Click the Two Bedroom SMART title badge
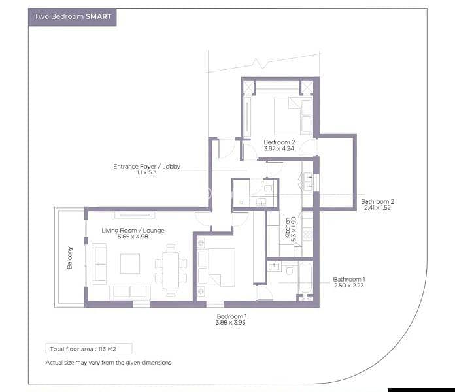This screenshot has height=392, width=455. pyautogui.click(x=73, y=18)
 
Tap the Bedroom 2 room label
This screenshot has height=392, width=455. pyautogui.click(x=279, y=142)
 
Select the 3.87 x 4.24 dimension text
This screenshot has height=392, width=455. pyautogui.click(x=279, y=148)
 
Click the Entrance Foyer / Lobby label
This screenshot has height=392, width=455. pyautogui.click(x=146, y=167)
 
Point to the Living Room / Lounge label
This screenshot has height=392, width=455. pyautogui.click(x=133, y=231)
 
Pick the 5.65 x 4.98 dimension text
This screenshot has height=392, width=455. pyautogui.click(x=133, y=237)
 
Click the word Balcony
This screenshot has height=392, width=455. pyautogui.click(x=70, y=258)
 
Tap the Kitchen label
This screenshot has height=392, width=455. pyautogui.click(x=287, y=228)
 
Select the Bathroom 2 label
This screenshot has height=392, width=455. pyautogui.click(x=377, y=201)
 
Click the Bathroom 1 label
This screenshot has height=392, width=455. pyautogui.click(x=349, y=279)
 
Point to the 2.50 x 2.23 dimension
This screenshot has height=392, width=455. pyautogui.click(x=349, y=286)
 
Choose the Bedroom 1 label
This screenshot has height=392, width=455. pyautogui.click(x=231, y=316)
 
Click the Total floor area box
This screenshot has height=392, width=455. pyautogui.click(x=89, y=348)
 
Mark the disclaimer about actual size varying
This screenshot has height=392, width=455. pyautogui.click(x=109, y=363)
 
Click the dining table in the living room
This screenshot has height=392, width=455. pyautogui.click(x=171, y=270)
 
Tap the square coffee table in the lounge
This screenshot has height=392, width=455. pyautogui.click(x=130, y=263)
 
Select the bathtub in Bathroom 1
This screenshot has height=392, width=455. pyautogui.click(x=305, y=278)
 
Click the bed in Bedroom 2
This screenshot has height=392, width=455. pyautogui.click(x=293, y=116)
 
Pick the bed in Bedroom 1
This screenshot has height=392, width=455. pyautogui.click(x=216, y=267)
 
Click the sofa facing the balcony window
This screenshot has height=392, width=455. pyautogui.click(x=99, y=264)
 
